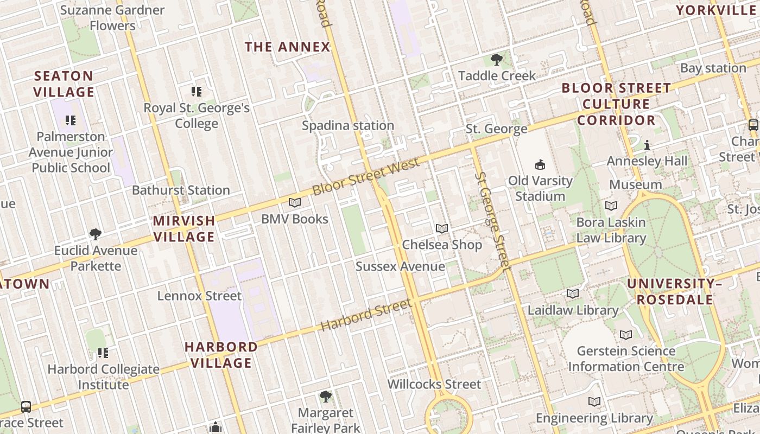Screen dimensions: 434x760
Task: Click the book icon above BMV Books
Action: [295, 203]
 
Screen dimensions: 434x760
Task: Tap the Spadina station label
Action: [348, 126]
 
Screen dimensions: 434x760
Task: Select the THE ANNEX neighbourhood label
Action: [288, 47]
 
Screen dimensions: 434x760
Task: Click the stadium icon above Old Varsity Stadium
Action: [540, 164]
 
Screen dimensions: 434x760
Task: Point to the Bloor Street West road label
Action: [366, 176]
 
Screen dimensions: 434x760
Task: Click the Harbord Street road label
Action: [365, 315]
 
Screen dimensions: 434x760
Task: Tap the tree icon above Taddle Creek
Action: [496, 60]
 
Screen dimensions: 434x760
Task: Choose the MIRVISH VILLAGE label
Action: [184, 228]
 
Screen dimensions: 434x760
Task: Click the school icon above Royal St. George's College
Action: [197, 91]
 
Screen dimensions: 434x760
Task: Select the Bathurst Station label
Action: [181, 190]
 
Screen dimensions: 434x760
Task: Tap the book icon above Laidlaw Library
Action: [573, 294]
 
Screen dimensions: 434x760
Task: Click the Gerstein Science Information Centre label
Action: [626, 359]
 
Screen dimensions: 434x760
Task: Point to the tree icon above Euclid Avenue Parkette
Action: [96, 234]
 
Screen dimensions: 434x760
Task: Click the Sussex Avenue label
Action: [400, 266]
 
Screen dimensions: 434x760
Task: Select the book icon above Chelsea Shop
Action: [442, 229]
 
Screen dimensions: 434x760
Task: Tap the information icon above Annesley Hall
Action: [647, 145]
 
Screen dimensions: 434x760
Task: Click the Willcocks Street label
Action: [434, 384]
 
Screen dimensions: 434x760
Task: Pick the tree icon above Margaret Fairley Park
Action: [325, 397]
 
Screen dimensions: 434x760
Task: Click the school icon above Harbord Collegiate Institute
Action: [103, 353]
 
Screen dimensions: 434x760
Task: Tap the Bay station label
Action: [713, 68]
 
